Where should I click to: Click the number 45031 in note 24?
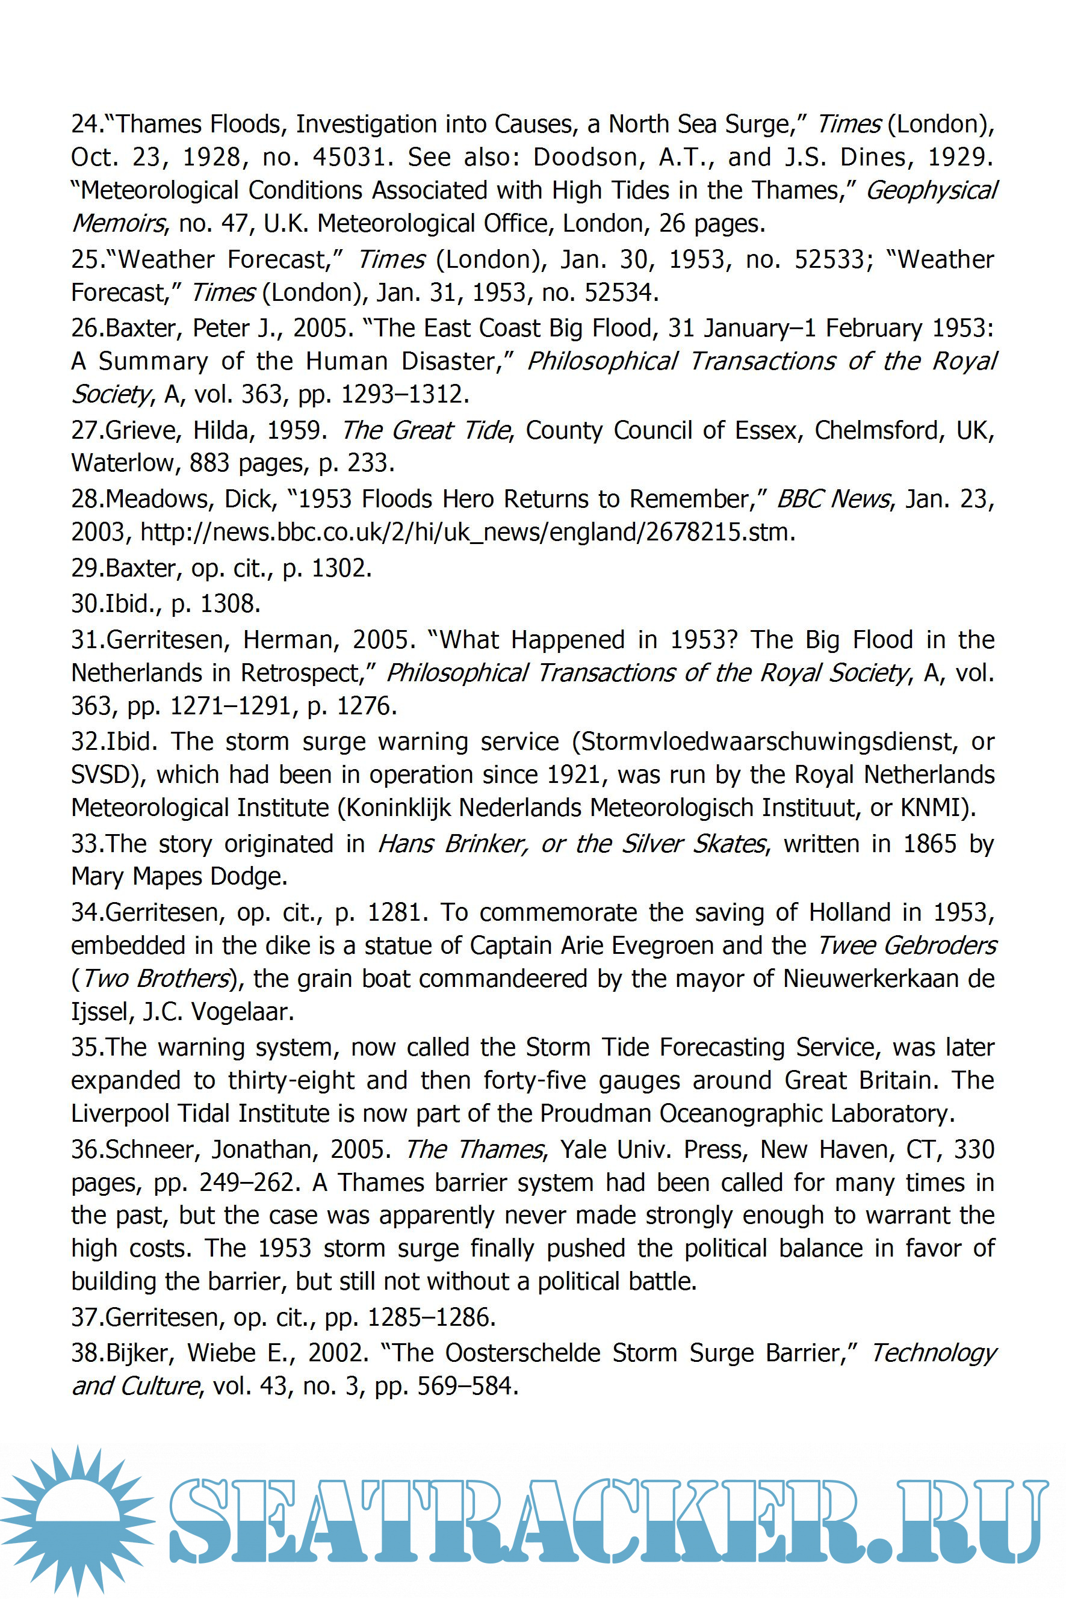pyautogui.click(x=350, y=158)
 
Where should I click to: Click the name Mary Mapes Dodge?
pyautogui.click(x=179, y=877)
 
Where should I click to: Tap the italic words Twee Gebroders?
pyautogui.click(x=906, y=946)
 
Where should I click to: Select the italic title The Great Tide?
pyautogui.click(x=424, y=430)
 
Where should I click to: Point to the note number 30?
pyautogui.click(x=87, y=604)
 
